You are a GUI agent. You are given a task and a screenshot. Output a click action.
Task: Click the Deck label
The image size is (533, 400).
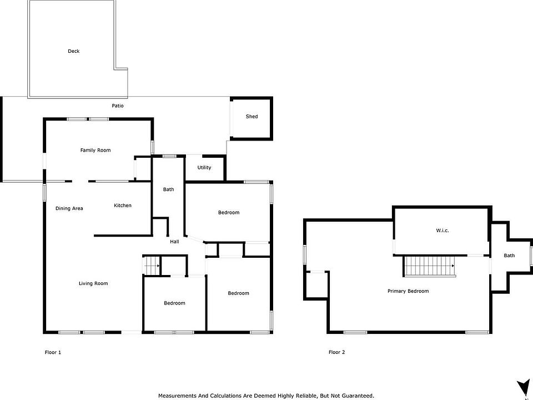click(73, 51)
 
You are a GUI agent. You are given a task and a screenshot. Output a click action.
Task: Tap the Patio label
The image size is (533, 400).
click(118, 106)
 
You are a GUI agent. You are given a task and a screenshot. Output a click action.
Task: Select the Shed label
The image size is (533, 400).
click(252, 116)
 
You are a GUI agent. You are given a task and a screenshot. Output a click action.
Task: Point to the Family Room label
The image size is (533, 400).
click(95, 150)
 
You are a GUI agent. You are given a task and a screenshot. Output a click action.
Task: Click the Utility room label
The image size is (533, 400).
click(204, 167)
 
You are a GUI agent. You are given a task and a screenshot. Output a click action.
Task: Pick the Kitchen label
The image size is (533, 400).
click(122, 206)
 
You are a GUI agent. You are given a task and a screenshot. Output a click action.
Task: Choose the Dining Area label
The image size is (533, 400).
click(69, 208)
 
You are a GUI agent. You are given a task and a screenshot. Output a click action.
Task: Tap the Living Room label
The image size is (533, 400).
click(93, 283)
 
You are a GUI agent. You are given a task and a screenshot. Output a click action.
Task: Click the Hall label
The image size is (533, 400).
click(174, 242)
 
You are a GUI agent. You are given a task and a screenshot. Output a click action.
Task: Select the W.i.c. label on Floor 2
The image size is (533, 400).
click(443, 230)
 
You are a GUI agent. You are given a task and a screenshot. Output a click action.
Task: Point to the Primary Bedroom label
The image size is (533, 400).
click(408, 291)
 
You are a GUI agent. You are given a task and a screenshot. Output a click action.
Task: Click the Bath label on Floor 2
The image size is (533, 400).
click(509, 256)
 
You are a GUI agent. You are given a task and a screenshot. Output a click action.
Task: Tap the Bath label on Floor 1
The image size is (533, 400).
click(168, 189)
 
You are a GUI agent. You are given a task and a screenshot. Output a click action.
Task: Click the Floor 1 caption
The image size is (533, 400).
click(53, 352)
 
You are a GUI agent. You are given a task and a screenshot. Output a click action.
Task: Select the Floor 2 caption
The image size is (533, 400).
click(336, 352)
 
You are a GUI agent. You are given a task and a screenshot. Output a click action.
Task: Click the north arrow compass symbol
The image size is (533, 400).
click(522, 389)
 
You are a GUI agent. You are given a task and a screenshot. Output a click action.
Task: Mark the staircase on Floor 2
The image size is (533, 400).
click(429, 266)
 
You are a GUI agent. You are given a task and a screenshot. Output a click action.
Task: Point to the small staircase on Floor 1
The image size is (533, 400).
click(151, 266)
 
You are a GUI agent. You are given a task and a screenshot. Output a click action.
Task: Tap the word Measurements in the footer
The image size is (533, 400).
click(177, 396)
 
